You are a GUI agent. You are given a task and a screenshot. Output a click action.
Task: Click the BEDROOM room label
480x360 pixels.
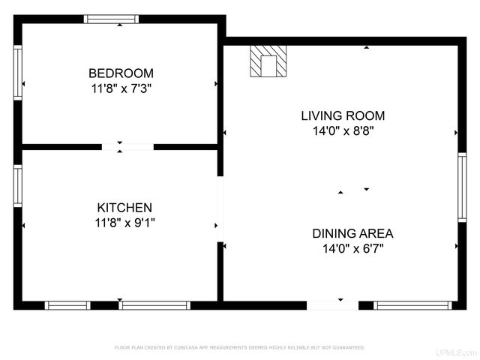(121, 73)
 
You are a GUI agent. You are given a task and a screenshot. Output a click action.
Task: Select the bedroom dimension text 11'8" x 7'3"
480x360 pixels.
(121, 88)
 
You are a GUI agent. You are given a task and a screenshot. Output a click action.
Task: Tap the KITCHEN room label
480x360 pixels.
(124, 208)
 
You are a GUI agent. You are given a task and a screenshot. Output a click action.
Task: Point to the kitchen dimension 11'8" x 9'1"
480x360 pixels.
(124, 222)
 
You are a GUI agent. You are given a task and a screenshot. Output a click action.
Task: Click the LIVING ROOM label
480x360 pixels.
(343, 115)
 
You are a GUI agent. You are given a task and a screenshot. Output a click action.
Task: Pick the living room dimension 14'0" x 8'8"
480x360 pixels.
(343, 130)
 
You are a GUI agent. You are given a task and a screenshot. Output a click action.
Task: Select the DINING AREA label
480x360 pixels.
(352, 233)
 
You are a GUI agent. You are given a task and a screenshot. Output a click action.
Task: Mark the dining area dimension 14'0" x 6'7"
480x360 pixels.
(352, 247)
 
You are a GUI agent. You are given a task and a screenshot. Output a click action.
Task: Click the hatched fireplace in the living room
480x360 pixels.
(268, 60)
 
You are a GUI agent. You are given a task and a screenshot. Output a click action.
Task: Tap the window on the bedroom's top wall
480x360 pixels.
(121, 19)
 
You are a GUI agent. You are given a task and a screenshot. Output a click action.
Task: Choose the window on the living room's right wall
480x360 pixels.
(462, 186)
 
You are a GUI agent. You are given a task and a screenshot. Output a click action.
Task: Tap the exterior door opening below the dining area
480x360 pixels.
(333, 305)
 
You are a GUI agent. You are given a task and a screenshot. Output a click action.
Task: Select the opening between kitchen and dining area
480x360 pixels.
(220, 209)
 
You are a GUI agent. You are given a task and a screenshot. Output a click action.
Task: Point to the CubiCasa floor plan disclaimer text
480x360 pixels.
(239, 347)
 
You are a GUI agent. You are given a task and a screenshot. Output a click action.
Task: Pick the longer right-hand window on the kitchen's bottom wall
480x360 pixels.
(154, 305)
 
